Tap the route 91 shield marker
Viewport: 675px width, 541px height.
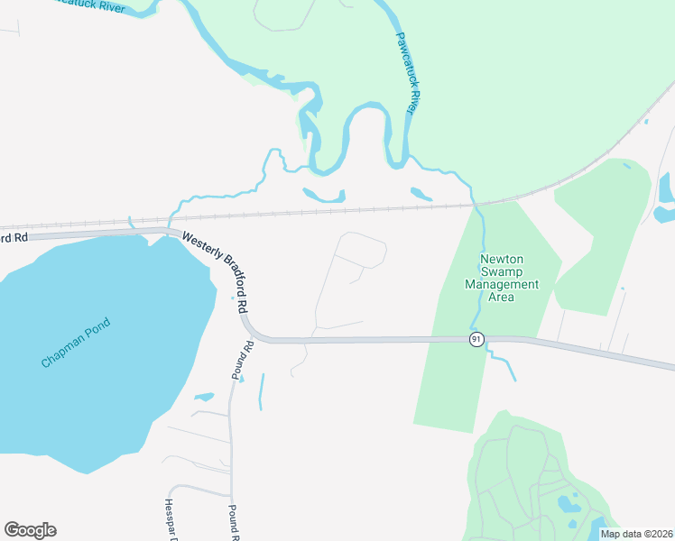tap(476, 339)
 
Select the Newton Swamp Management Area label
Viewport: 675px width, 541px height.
tap(501, 278)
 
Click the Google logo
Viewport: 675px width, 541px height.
tap(30, 530)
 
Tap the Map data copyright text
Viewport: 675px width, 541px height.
tap(636, 534)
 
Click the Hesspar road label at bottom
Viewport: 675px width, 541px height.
tap(169, 519)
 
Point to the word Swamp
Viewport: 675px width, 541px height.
tap(501, 271)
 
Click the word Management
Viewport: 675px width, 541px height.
tap(501, 284)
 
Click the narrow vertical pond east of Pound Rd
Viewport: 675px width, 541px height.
tap(261, 391)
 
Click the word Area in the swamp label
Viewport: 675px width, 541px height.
tap(501, 297)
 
